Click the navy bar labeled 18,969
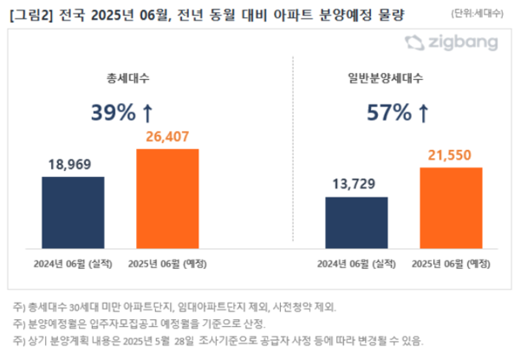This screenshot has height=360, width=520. click(73, 211)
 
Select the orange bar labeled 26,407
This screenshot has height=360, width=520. click(167, 197)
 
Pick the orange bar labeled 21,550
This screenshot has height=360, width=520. click(451, 206)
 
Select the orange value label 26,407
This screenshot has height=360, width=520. click(167, 135)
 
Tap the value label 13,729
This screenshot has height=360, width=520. click(356, 182)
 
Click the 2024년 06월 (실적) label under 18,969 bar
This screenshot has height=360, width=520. click(73, 263)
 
